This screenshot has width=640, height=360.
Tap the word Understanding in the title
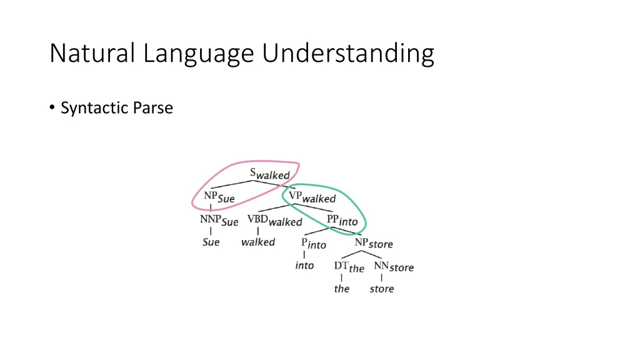pyautogui.click(x=348, y=54)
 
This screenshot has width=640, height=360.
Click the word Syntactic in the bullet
pyautogui.click(x=94, y=108)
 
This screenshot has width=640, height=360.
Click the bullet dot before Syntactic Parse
pyautogui.click(x=52, y=109)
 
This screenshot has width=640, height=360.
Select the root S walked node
pyautogui.click(x=269, y=174)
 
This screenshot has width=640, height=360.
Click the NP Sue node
pyautogui.click(x=219, y=197)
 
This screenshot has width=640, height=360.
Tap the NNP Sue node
pyautogui.click(x=219, y=221)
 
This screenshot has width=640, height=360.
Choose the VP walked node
pyautogui.click(x=311, y=197)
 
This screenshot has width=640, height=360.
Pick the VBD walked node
pyautogui.click(x=274, y=221)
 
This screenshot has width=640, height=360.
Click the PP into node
pyautogui.click(x=342, y=220)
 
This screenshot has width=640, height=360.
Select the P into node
pyautogui.click(x=313, y=244)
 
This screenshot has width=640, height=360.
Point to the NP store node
pyautogui.click(x=374, y=243)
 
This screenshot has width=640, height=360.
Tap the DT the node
pyautogui.click(x=349, y=267)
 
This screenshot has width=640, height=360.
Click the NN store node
pyautogui.click(x=394, y=267)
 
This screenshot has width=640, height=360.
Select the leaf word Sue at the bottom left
pyautogui.click(x=211, y=242)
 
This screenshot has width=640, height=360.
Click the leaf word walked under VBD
pyautogui.click(x=257, y=242)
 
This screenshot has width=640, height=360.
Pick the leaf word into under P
pyautogui.click(x=304, y=266)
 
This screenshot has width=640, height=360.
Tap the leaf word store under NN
pyautogui.click(x=381, y=289)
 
